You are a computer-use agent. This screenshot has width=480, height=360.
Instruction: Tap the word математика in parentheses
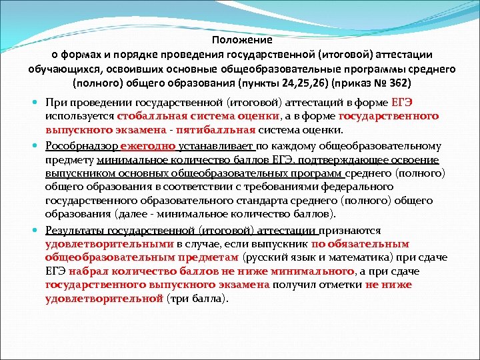click(x=367, y=257)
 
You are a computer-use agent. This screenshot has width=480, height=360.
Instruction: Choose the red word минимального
click(x=313, y=271)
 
